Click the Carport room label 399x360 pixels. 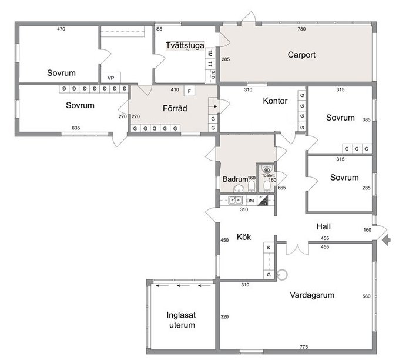coord(301,55)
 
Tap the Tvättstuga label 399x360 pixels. coord(185,45)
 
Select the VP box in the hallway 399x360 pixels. coord(110,78)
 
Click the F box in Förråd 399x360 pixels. coord(189,91)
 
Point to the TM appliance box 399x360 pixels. coord(210,54)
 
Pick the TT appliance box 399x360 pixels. coord(210,64)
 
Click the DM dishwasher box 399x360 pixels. coord(250,201)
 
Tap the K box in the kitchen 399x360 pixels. coord(269,248)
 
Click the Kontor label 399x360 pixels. coord(275,101)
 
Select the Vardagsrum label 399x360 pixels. coord(312,295)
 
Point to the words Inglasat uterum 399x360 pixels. coord(181,320)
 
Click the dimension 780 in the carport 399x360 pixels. coord(301,29)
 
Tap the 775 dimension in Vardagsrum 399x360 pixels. coord(304,346)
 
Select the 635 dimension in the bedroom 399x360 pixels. coord(76,128)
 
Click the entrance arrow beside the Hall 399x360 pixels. coord(386,239)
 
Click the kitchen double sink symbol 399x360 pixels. coord(236,201)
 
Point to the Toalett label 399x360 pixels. coord(268,175)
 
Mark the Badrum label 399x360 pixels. coord(236,179)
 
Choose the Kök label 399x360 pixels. coord(244,237)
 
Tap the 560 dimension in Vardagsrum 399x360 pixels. coord(367,296)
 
